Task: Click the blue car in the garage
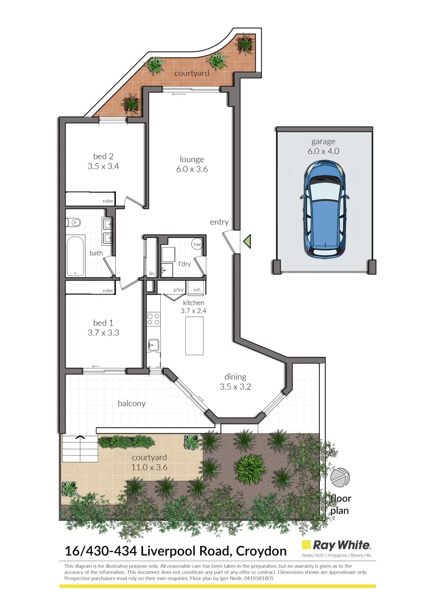326,209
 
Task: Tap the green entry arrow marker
247,242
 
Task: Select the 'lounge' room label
192,159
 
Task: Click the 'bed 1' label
103,322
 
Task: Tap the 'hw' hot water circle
197,244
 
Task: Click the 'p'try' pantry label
178,290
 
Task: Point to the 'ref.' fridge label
197,290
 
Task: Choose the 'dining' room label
235,376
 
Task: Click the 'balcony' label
132,403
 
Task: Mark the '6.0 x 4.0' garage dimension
324,151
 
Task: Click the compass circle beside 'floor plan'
340,477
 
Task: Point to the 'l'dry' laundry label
184,264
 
